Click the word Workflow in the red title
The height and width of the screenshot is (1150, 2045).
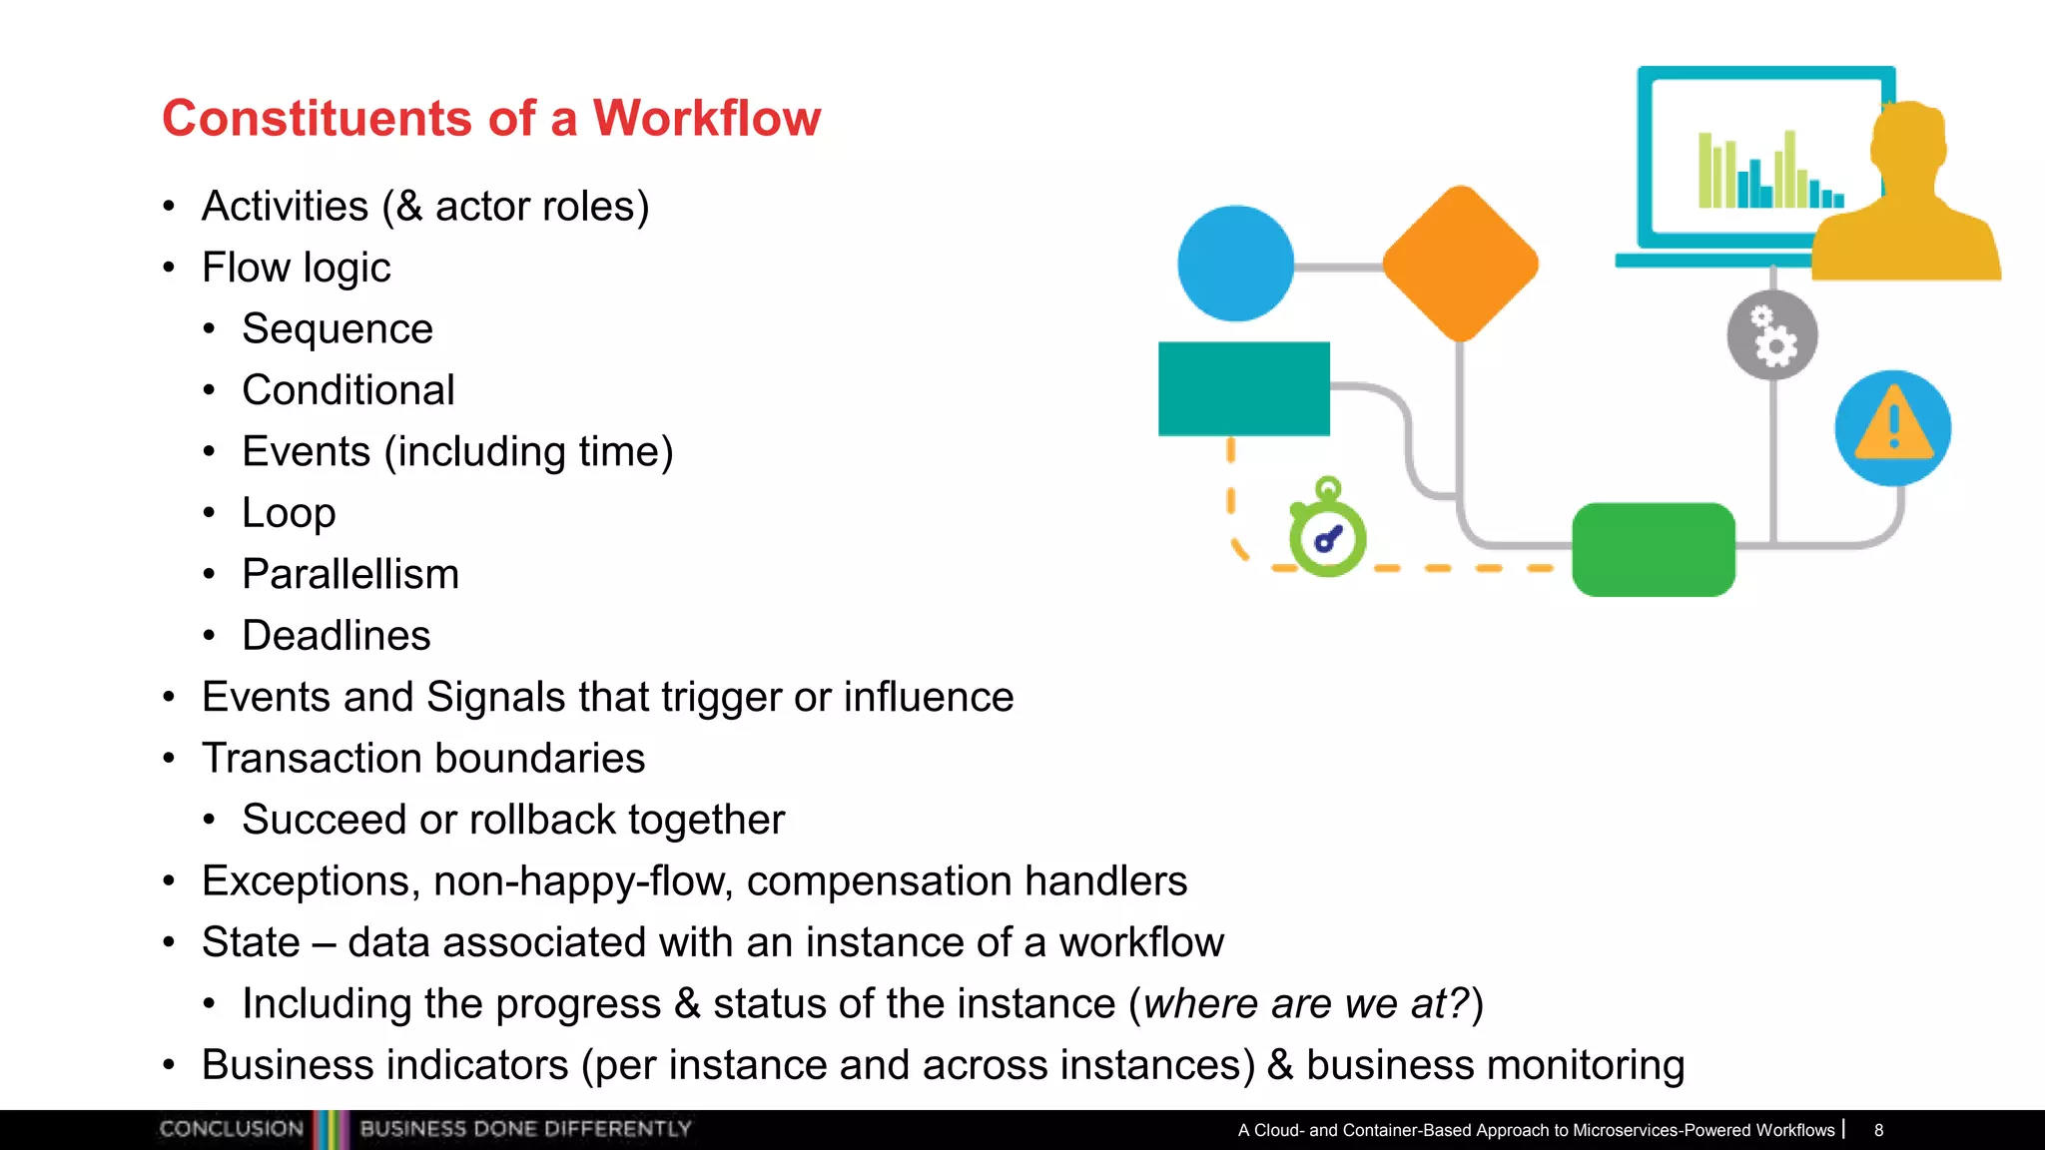coord(706,118)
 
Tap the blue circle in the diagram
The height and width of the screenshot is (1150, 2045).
coord(1235,264)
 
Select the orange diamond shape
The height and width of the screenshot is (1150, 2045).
coord(1460,264)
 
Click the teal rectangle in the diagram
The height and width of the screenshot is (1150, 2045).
coord(1243,388)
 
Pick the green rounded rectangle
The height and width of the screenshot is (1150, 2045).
coord(1653,549)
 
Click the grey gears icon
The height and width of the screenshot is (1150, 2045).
coord(1771,335)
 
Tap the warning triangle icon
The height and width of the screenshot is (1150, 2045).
coord(1892,427)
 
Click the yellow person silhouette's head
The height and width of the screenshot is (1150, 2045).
coord(1907,140)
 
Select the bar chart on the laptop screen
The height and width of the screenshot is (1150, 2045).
coord(1767,172)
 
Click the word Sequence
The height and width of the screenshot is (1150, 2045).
coord(338,328)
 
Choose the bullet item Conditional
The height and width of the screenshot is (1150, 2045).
coord(347,390)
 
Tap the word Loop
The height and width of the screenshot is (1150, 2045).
coord(289,513)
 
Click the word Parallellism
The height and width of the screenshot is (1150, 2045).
coord(350,574)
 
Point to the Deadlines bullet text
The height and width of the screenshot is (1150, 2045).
coord(337,636)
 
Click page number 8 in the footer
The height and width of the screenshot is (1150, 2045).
coord(1878,1130)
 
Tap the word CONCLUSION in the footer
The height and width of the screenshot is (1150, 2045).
coord(231,1129)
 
